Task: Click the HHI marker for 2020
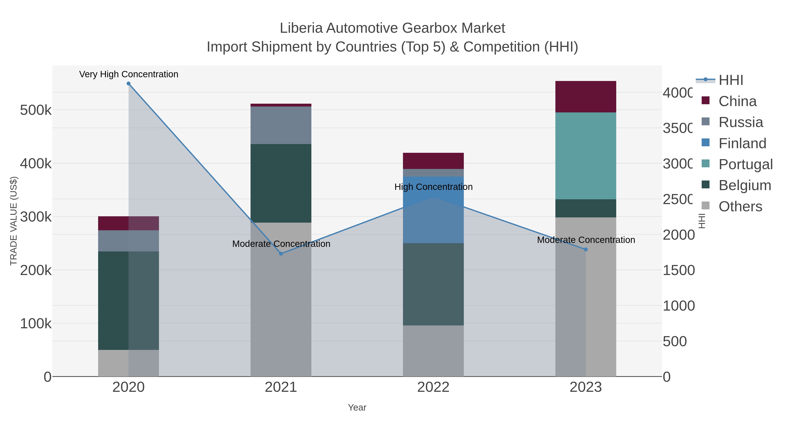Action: [x=129, y=84]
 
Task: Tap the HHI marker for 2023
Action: [x=586, y=249]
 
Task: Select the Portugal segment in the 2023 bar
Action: [x=586, y=156]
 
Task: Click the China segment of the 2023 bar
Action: [x=586, y=97]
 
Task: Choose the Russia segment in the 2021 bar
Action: [x=281, y=125]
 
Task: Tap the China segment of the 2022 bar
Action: [x=433, y=161]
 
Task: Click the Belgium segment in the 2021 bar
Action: [x=281, y=183]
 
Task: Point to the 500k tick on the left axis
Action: [x=36, y=110]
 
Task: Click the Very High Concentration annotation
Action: [x=129, y=74]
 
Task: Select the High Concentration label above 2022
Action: [x=433, y=187]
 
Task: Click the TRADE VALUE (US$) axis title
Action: [x=14, y=221]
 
